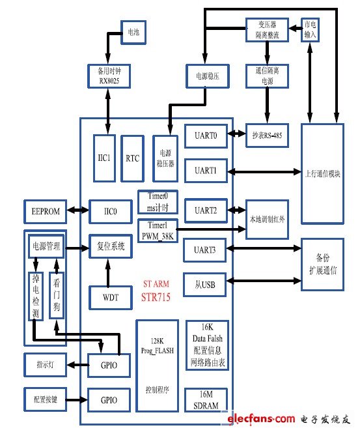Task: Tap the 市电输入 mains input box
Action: click(x=311, y=30)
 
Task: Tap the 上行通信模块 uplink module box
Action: click(x=322, y=173)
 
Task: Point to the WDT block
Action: click(x=105, y=296)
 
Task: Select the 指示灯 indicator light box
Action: click(x=45, y=364)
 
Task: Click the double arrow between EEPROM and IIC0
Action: click(x=77, y=210)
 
